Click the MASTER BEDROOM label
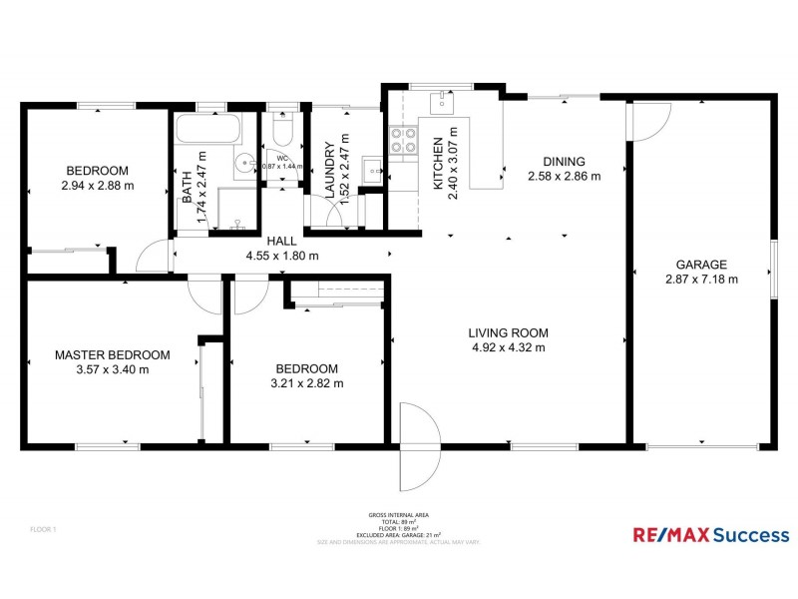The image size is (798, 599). (x=112, y=354)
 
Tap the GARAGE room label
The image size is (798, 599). (x=701, y=265)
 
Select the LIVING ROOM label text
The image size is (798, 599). (x=509, y=333)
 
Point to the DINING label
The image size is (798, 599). (x=564, y=162)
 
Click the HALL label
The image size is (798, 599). (x=281, y=241)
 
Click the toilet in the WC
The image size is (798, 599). (x=280, y=134)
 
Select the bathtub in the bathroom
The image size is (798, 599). (x=207, y=129)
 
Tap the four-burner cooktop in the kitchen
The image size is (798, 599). (x=403, y=143)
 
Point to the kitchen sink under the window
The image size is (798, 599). (x=440, y=101)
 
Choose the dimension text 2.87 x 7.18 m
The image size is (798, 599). (x=701, y=280)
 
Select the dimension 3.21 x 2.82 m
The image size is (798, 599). (x=307, y=383)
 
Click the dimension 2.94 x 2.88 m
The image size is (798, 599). (x=97, y=185)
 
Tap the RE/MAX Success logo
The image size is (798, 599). (x=710, y=534)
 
